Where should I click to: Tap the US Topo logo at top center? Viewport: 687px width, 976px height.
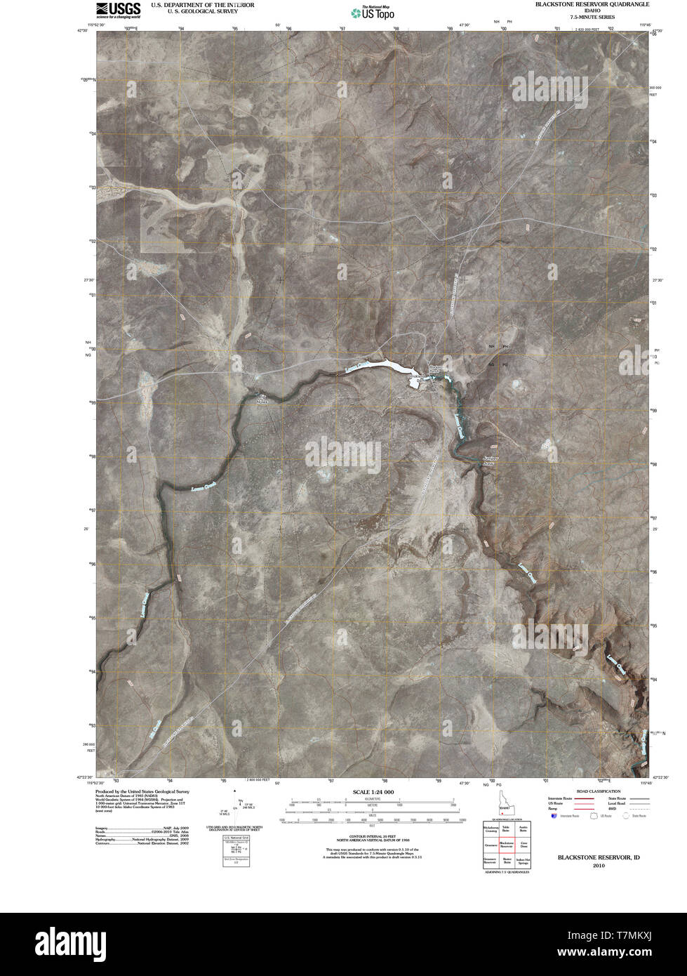pos(373,12)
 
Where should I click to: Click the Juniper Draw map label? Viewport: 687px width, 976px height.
pos(494,461)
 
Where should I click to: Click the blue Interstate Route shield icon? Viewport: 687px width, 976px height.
pos(555,817)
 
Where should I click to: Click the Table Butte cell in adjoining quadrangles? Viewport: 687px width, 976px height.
pos(505,829)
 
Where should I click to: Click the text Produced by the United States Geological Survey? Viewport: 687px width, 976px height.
pos(142,791)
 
